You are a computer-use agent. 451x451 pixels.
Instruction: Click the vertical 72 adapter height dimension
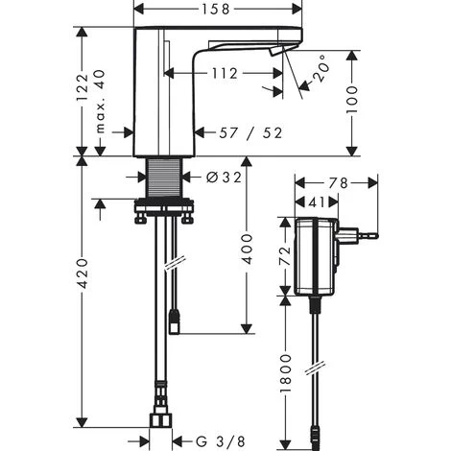click(285, 255)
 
